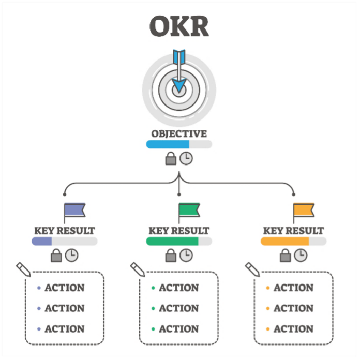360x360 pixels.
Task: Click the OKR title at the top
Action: point(179,26)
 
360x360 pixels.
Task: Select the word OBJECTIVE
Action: point(179,134)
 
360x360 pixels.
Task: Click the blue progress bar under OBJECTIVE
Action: point(168,144)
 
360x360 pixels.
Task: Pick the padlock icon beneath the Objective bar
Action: point(171,159)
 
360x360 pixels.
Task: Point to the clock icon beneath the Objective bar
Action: point(186,158)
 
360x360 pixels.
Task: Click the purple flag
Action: point(76,211)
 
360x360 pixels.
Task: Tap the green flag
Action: point(190,211)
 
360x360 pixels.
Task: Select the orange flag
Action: point(305,211)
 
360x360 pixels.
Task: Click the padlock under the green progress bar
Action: point(171,256)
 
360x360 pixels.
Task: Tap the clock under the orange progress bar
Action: point(300,255)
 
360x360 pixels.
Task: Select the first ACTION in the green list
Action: point(178,288)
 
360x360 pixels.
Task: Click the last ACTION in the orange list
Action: point(293,329)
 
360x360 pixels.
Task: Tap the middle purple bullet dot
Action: point(38,309)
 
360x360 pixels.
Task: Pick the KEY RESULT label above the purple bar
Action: point(64,231)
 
